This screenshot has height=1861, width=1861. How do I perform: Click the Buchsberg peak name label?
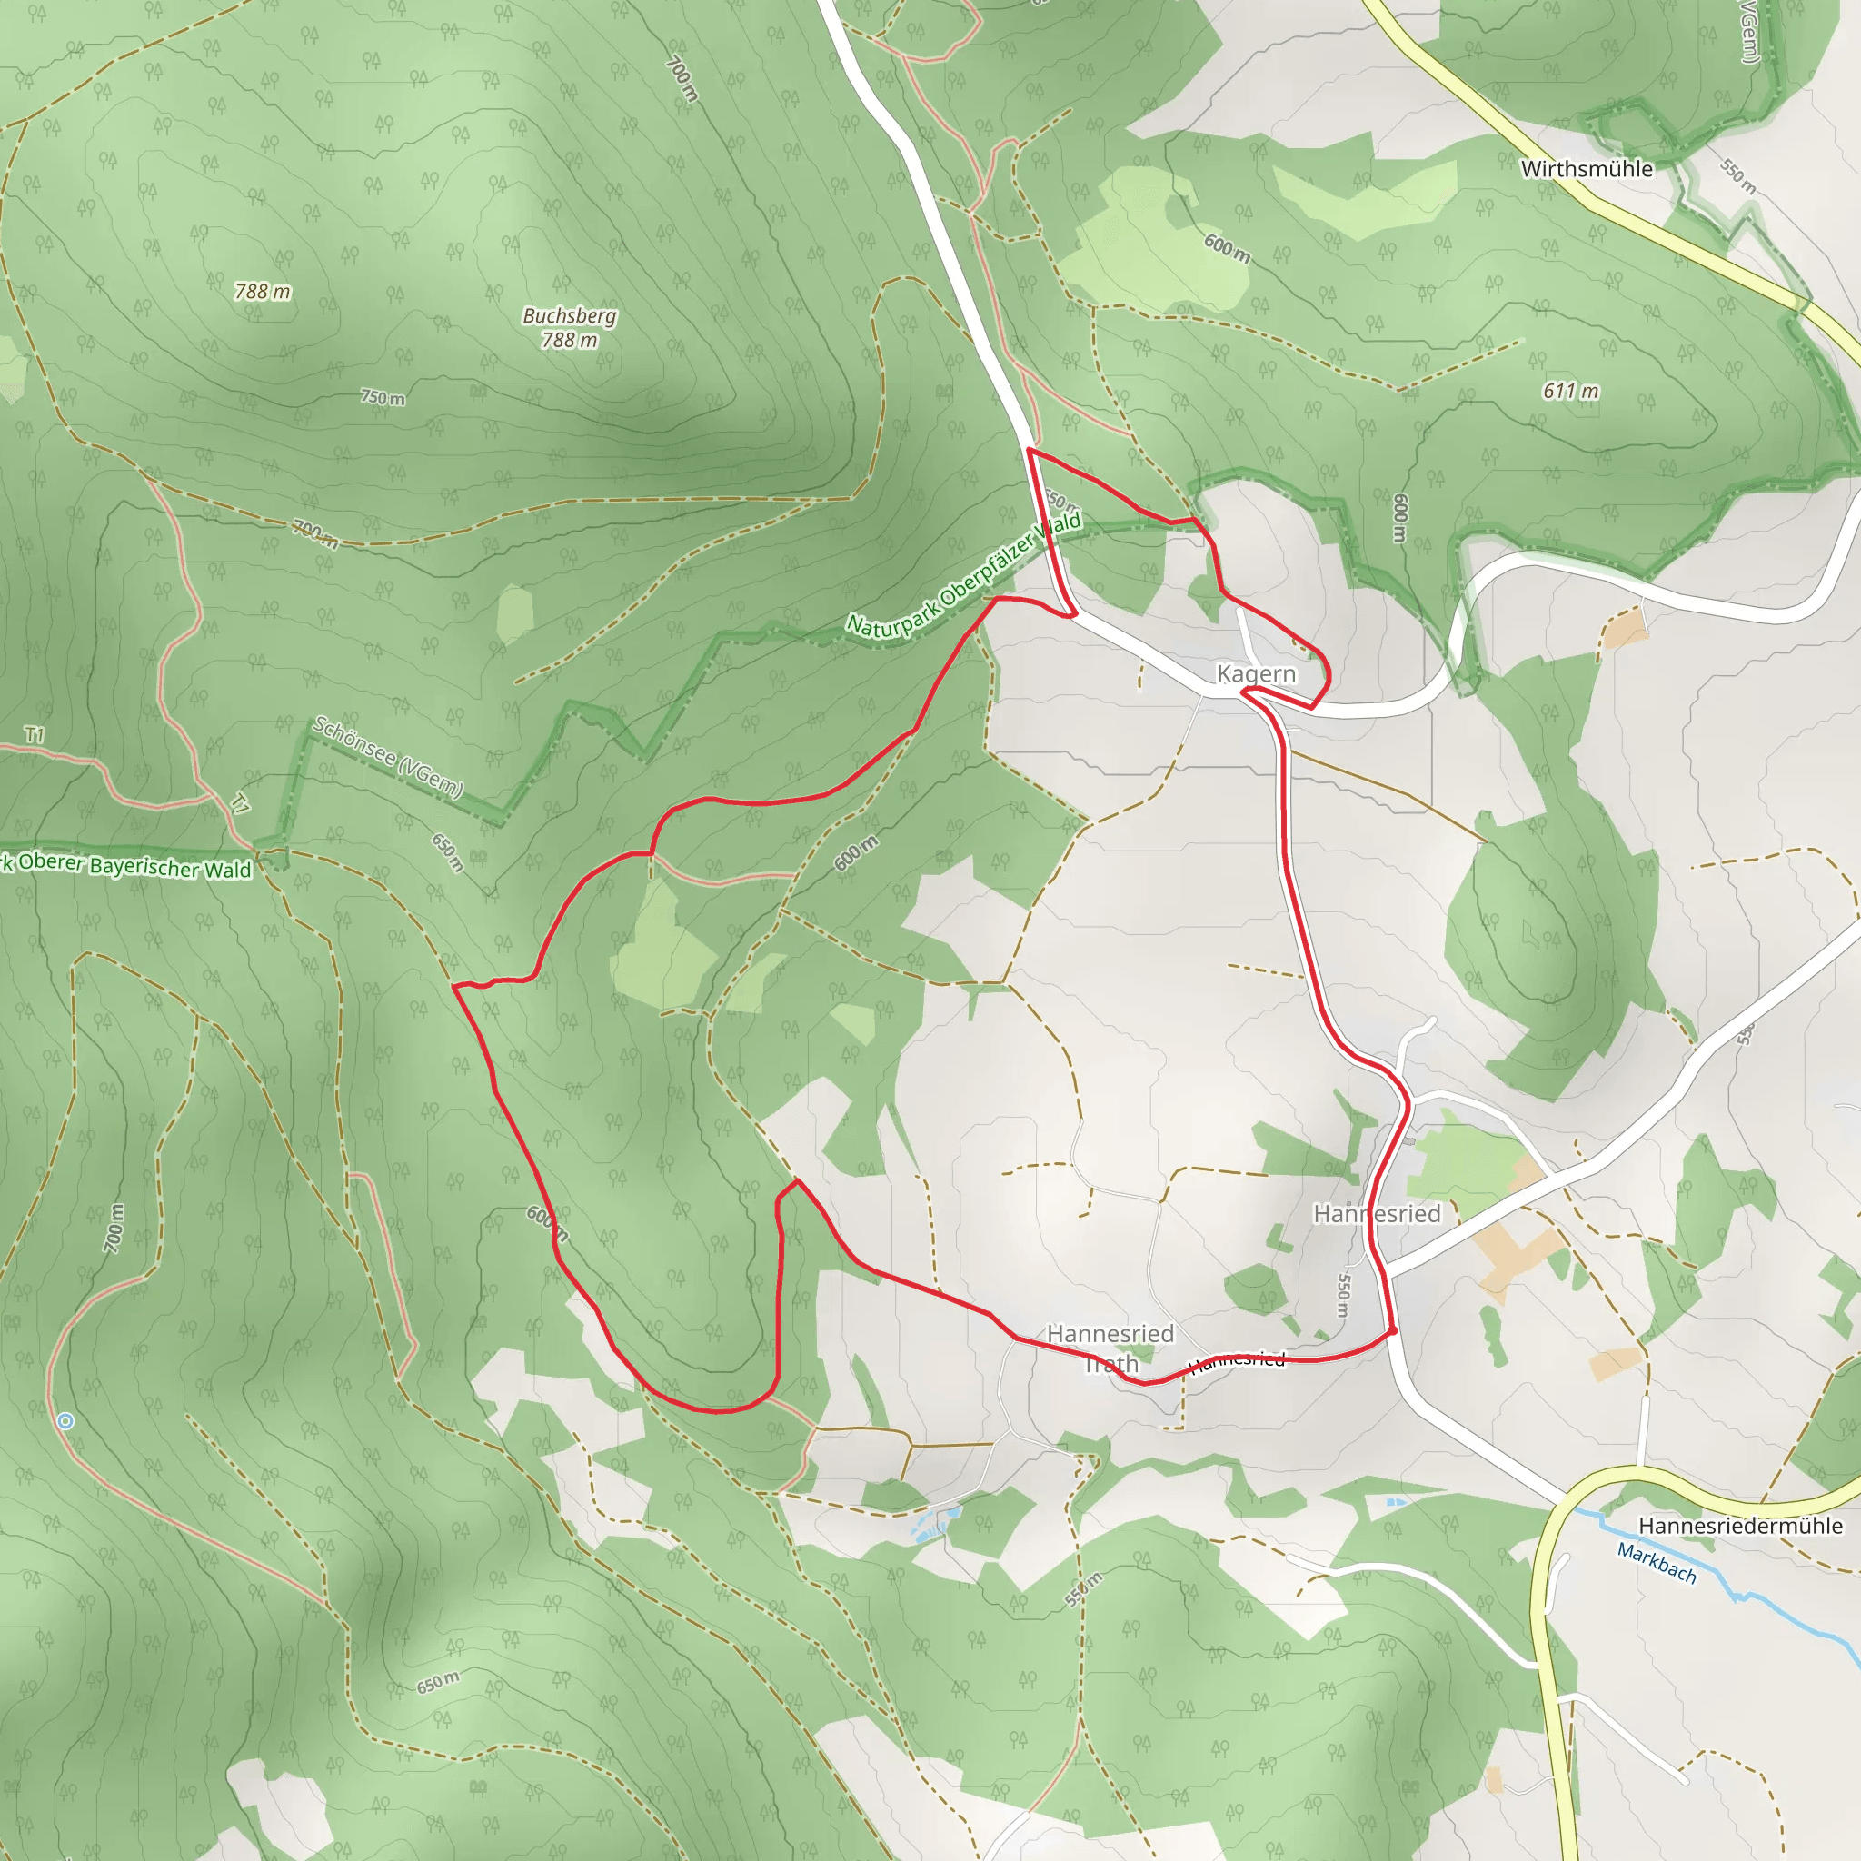[569, 316]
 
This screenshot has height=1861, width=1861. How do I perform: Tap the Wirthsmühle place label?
[1587, 169]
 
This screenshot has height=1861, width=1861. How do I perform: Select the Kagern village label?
[1256, 673]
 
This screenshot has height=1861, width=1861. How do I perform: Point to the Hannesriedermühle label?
[1740, 1526]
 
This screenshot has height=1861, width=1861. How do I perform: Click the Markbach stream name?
[1656, 1562]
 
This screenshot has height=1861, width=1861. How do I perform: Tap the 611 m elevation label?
[1570, 391]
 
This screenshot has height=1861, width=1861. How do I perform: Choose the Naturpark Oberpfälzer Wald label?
[963, 576]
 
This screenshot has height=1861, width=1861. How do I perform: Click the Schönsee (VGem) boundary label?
[388, 757]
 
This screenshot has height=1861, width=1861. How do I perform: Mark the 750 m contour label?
[383, 398]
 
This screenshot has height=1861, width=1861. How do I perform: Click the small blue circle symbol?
[65, 1421]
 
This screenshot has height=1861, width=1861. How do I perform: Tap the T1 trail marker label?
[35, 735]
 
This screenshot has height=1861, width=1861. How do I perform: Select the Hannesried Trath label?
[1110, 1348]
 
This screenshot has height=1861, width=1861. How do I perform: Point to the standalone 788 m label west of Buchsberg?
[262, 291]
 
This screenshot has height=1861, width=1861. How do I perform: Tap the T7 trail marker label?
[240, 803]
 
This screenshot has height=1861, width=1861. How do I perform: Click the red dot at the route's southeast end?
[1393, 1330]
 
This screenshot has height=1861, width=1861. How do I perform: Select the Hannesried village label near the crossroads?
[1377, 1214]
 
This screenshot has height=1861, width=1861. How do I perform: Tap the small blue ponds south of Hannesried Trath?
[940, 1518]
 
